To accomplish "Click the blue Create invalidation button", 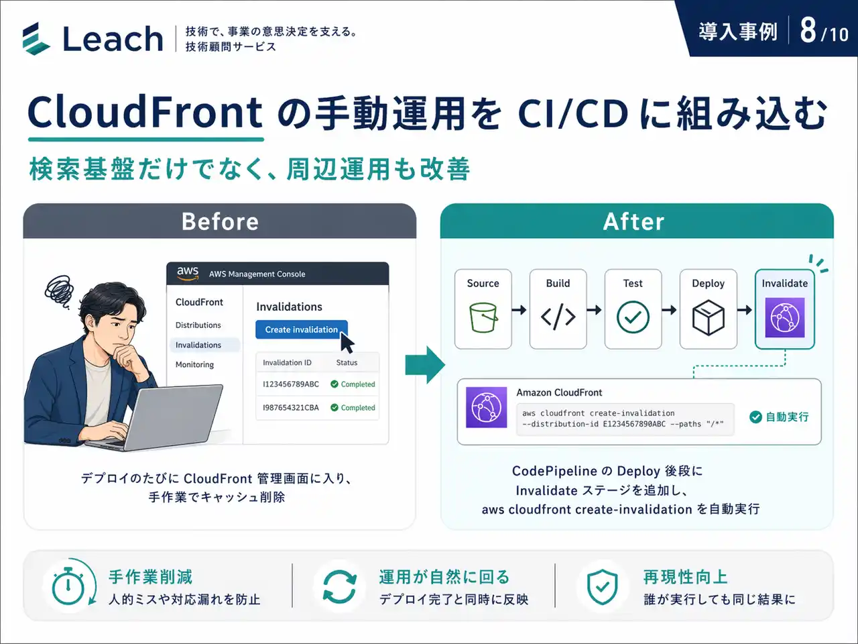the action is (302, 329).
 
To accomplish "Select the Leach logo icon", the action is (36, 38).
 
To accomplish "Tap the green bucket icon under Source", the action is (483, 317).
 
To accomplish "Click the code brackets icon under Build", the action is (558, 317).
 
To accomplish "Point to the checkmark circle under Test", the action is (633, 317).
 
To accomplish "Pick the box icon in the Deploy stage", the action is (709, 317).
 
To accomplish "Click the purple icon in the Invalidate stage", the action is (784, 317).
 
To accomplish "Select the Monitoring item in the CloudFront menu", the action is (194, 364).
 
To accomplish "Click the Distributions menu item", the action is (198, 325).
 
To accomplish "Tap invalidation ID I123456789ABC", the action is (291, 384).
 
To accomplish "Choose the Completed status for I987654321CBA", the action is (353, 407).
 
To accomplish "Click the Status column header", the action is (347, 362).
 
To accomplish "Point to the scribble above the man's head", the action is (59, 291).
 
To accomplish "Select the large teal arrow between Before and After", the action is (425, 365).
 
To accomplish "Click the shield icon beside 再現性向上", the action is (603, 586).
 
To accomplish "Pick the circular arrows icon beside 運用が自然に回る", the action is (339, 586).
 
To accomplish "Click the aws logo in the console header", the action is (188, 273).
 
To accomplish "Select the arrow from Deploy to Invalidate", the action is (745, 310).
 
